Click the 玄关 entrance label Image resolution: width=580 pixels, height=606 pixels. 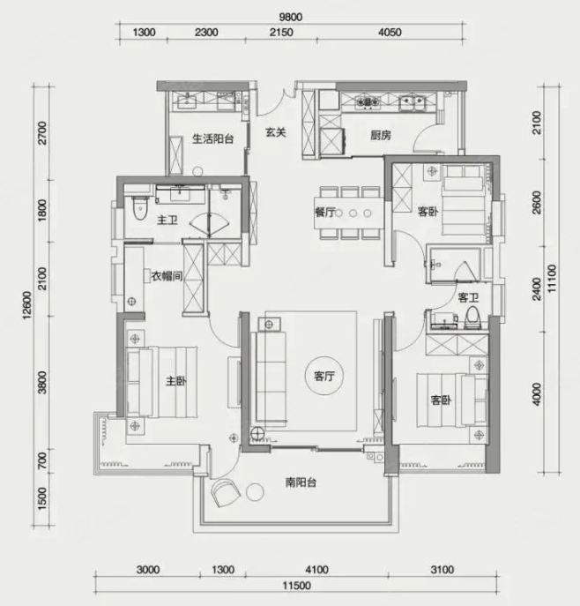pyautogui.click(x=276, y=132)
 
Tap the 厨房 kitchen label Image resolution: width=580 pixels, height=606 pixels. pyautogui.click(x=381, y=135)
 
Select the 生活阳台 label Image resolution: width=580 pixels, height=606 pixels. pyautogui.click(x=212, y=138)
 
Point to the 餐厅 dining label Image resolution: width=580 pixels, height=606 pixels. pyautogui.click(x=324, y=213)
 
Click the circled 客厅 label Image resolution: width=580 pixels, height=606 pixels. pyautogui.click(x=324, y=376)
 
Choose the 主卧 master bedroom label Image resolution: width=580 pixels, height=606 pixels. pyautogui.click(x=176, y=381)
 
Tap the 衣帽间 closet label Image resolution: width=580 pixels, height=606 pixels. pyautogui.click(x=167, y=276)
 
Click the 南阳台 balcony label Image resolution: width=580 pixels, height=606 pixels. pyautogui.click(x=301, y=483)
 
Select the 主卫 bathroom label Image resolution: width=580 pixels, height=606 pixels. pyautogui.click(x=167, y=221)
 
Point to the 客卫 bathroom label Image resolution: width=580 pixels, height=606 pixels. pyautogui.click(x=468, y=297)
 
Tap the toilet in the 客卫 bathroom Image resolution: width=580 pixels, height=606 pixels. pyautogui.click(x=472, y=318)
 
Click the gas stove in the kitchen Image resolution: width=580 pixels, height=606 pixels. pyautogui.click(x=368, y=102)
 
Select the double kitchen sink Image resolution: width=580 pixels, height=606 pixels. pyautogui.click(x=413, y=102)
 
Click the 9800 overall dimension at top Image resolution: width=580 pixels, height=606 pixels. pyautogui.click(x=290, y=18)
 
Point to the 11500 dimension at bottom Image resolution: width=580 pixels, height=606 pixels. pyautogui.click(x=296, y=586)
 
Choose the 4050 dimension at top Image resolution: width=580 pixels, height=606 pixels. pyautogui.click(x=390, y=33)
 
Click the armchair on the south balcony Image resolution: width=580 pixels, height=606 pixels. pyautogui.click(x=226, y=492)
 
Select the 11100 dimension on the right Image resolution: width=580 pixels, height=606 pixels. pyautogui.click(x=552, y=278)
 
